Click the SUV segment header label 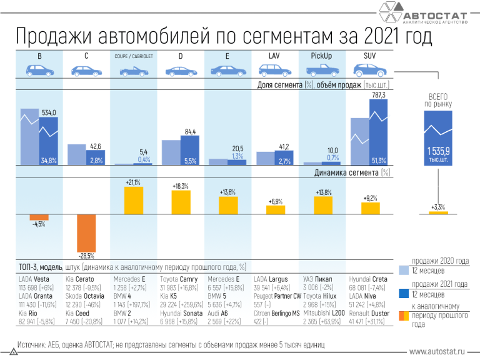click(369, 56)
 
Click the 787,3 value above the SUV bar click(379, 94)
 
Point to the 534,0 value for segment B click(49, 112)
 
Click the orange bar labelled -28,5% click(86, 232)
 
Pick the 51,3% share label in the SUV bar click(379, 161)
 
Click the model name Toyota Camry click(177, 279)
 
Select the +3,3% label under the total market click(438, 207)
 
